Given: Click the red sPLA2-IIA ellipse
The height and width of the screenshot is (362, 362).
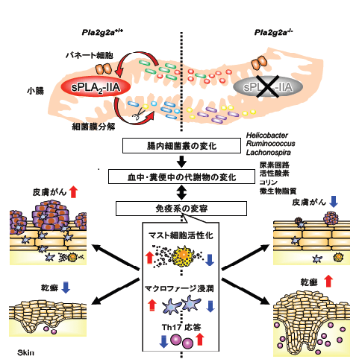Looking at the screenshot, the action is coord(96,87).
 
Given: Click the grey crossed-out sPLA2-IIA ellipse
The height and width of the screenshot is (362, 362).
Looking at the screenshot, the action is coord(268,86).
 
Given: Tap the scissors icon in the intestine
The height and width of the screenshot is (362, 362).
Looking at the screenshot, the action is coord(137,113).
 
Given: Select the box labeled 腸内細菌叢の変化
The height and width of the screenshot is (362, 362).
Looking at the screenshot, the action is coord(181,146).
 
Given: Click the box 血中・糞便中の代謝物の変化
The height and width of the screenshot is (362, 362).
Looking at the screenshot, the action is coord(181,177).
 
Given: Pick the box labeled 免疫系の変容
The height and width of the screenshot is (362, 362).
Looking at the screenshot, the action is coord(181,209).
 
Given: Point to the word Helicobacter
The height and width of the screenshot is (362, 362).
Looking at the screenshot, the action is coord(267,136).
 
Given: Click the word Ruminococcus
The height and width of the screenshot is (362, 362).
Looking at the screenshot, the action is coord(270,144).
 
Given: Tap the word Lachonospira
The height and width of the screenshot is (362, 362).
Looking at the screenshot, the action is coord(269,152).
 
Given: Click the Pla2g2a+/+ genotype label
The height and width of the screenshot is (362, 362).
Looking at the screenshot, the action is coord(102,32).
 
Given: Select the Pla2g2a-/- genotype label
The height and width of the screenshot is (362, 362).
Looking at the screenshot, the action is coord(273,32).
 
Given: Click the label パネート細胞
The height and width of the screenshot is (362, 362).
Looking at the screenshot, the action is coord(90,55).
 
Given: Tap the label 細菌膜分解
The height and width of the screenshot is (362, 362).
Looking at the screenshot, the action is coord(93,127).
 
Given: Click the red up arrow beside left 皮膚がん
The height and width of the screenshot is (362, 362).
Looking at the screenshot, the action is coord(73,192).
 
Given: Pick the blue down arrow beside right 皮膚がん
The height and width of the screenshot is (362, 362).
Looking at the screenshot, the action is coord(334,201).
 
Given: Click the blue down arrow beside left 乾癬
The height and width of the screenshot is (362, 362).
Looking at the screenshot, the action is coord(66,287).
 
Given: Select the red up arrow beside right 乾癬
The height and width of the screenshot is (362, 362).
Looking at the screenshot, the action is coord(328,281).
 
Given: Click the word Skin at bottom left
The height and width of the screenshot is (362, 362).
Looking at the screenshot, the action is coord(25,352).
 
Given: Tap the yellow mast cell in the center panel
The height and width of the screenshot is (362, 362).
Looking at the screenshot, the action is coord(183,255).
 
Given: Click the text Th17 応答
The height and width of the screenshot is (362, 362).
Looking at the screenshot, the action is coord(181,327).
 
